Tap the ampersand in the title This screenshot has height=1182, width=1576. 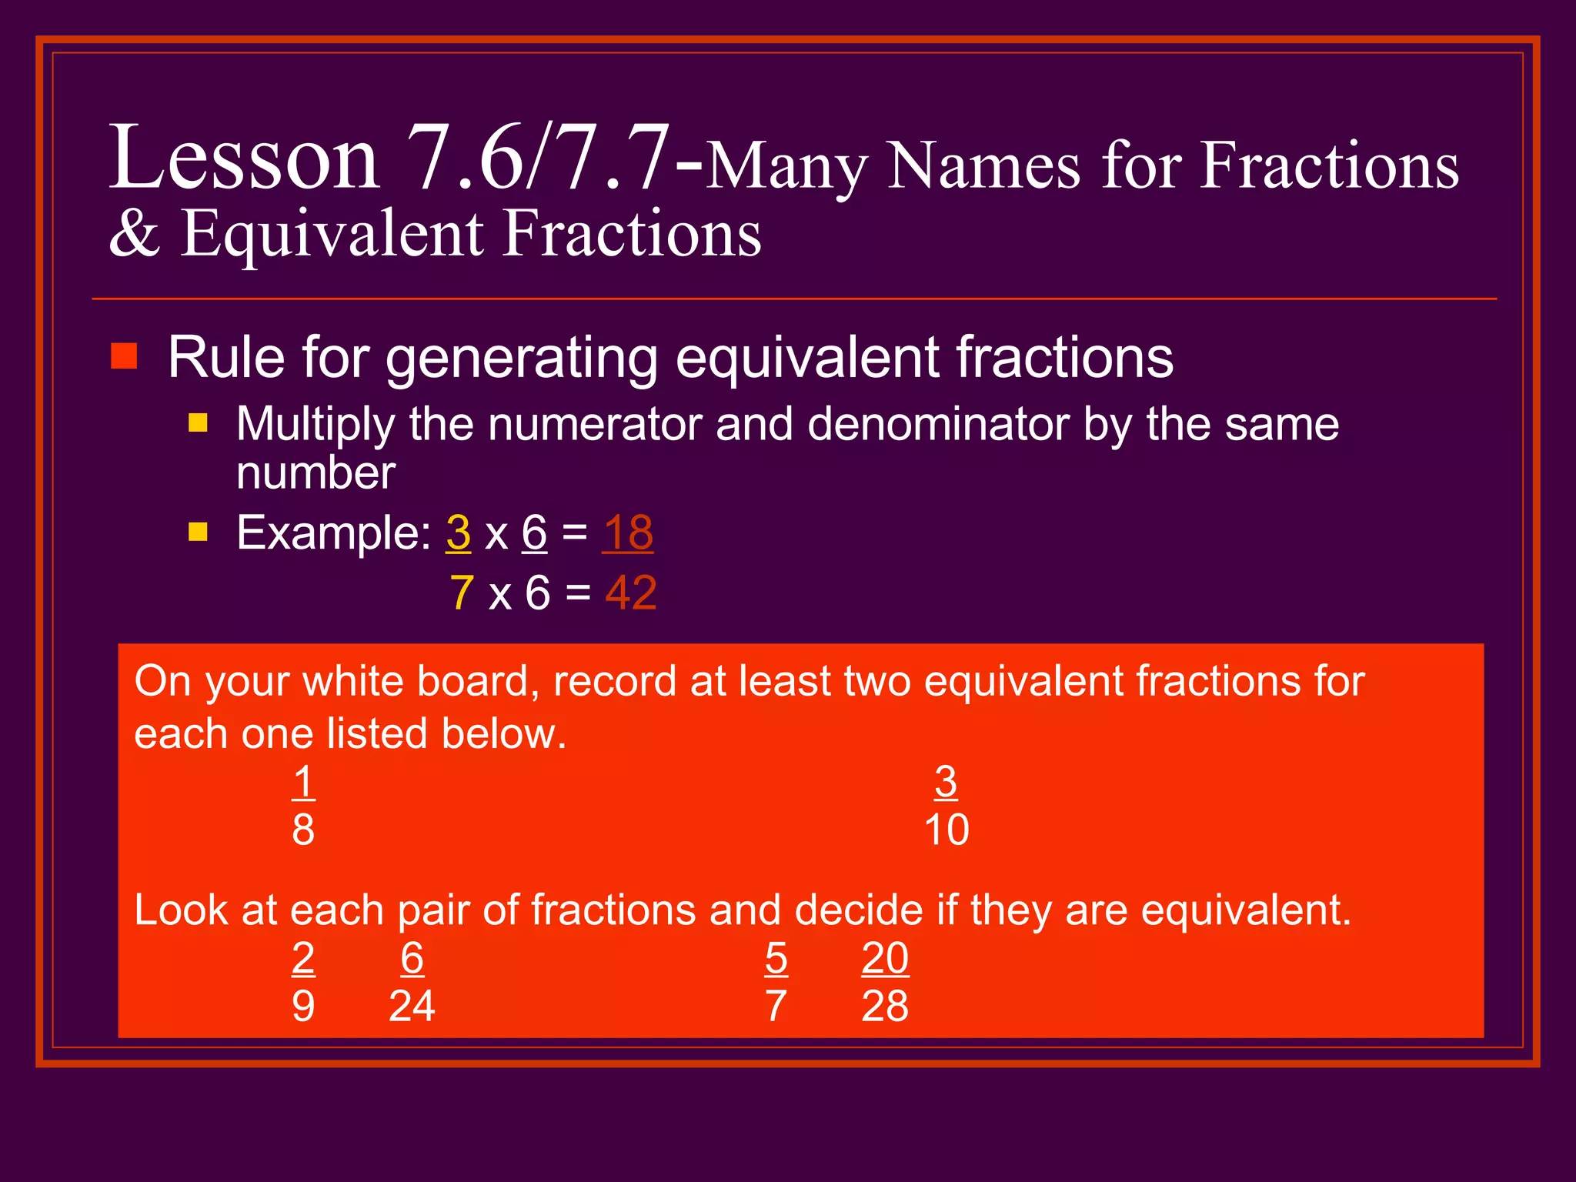click(x=135, y=234)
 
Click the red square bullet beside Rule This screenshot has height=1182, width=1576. click(x=124, y=356)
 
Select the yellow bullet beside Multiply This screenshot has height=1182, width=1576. click(x=199, y=422)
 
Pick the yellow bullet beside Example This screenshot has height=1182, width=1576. click(x=199, y=532)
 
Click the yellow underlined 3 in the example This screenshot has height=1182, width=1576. click(x=459, y=533)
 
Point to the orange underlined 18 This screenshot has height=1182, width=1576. click(x=628, y=533)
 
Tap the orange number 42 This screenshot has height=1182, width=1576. click(x=631, y=593)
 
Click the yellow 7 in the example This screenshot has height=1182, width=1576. click(x=462, y=593)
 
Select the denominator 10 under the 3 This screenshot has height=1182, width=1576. click(x=947, y=830)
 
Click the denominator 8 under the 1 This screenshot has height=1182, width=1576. click(x=303, y=830)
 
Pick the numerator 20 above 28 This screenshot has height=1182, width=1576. click(x=885, y=959)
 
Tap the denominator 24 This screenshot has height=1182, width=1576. click(x=412, y=1007)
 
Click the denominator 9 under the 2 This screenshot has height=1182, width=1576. click(x=303, y=1007)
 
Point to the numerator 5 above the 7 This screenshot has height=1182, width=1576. click(x=776, y=959)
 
